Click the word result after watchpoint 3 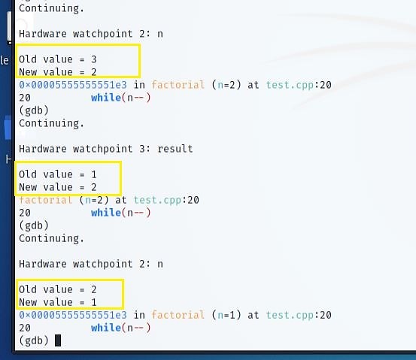(175, 149)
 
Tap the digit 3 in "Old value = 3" (94, 59)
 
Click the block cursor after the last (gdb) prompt (58, 340)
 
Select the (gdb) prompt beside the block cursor (34, 340)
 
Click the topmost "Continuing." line (51, 8)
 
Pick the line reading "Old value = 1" (58, 174)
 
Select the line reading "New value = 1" (58, 302)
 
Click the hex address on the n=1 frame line (73, 315)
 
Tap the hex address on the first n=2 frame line (73, 85)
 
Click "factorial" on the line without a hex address (45, 200)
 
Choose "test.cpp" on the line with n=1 (290, 315)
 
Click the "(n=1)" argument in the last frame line (226, 315)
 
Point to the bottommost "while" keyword (106, 328)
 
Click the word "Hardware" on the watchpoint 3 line (43, 149)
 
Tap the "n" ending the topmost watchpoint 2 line (160, 34)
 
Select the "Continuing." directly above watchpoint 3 (51, 123)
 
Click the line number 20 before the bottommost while (25, 328)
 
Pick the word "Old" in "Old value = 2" (28, 289)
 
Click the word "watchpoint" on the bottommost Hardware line (102, 264)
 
